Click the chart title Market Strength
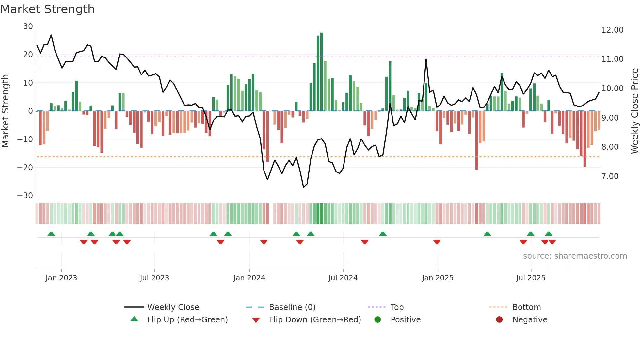(47, 9)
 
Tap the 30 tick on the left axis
(28, 26)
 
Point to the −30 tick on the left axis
(25, 196)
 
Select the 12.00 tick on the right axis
(612, 30)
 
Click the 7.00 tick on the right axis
(610, 176)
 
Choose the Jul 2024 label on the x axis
(343, 278)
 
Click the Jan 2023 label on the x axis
(61, 278)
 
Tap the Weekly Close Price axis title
(634, 111)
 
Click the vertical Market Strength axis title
(5, 111)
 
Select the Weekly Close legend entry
(173, 307)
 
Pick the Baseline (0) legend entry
(292, 307)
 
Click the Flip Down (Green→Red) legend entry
(315, 320)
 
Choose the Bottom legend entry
(526, 307)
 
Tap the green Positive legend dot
(378, 320)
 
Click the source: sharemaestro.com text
(575, 256)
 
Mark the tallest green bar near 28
(322, 72)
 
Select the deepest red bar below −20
(476, 140)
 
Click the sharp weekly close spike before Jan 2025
(426, 60)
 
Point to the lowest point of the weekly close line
(304, 187)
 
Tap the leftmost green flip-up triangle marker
(51, 234)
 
